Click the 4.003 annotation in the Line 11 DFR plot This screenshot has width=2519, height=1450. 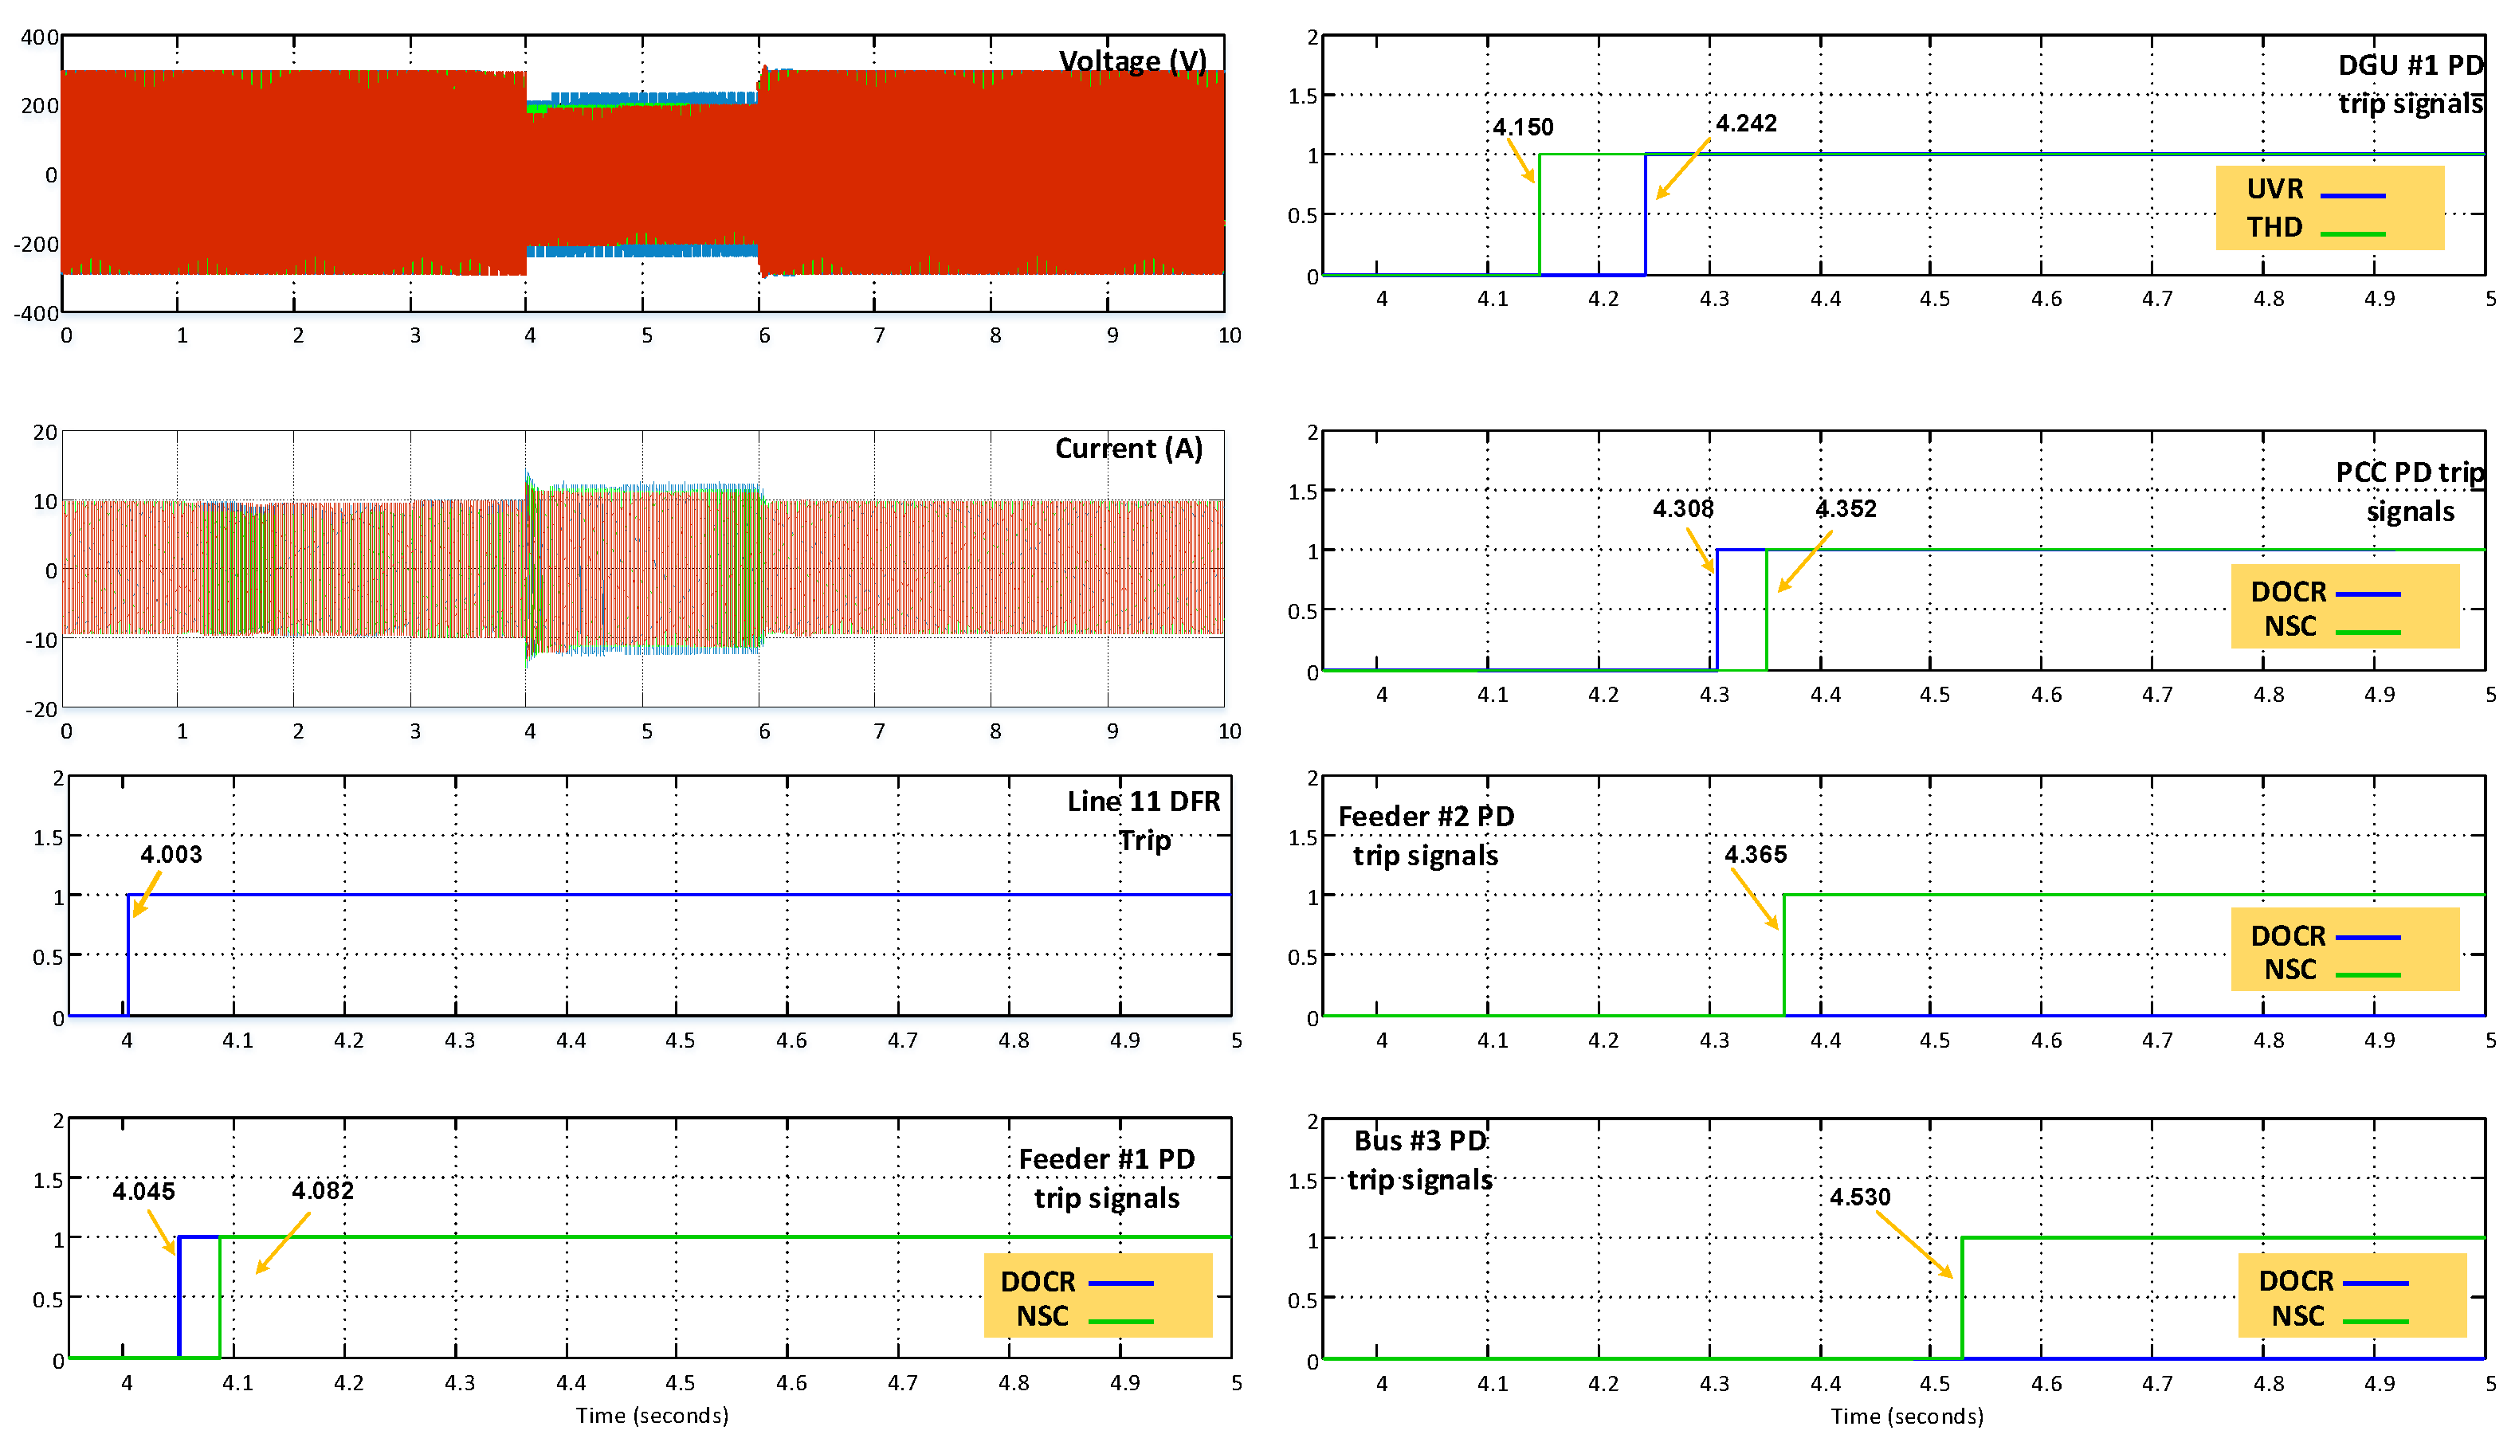click(x=171, y=854)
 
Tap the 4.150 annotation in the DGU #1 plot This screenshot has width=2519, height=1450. click(x=1522, y=127)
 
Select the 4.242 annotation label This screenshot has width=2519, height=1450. click(x=1745, y=123)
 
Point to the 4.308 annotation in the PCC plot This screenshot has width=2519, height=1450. click(x=1682, y=509)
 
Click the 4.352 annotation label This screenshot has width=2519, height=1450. click(x=1845, y=509)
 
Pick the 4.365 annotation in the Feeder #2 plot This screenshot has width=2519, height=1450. click(x=1755, y=854)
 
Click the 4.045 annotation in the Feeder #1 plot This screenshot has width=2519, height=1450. click(x=143, y=1192)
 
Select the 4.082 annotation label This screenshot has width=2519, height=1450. click(x=322, y=1191)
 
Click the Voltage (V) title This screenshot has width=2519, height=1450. click(x=1132, y=62)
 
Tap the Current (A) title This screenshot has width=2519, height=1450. click(x=1128, y=449)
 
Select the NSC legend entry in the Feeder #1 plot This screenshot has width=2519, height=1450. click(x=1081, y=1316)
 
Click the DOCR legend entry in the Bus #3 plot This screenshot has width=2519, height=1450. click(x=2331, y=1282)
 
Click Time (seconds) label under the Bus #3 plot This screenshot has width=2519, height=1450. click(x=1905, y=1417)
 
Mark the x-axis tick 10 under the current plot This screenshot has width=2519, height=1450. click(x=1228, y=732)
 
